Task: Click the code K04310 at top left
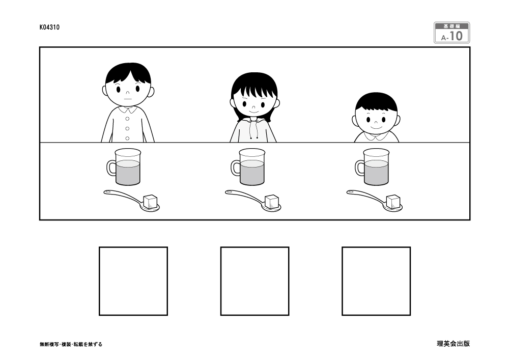tap(49, 27)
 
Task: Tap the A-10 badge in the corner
tap(451, 33)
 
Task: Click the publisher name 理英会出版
tap(453, 344)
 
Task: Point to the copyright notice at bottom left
tap(71, 344)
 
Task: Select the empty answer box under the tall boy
tap(133, 281)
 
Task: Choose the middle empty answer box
tap(254, 281)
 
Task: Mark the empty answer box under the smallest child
tap(376, 281)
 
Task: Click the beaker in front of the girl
tap(251, 167)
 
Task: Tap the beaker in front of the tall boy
tap(127, 167)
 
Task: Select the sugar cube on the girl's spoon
tap(272, 201)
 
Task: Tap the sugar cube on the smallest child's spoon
tap(392, 201)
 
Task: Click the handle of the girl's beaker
tap(235, 168)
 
